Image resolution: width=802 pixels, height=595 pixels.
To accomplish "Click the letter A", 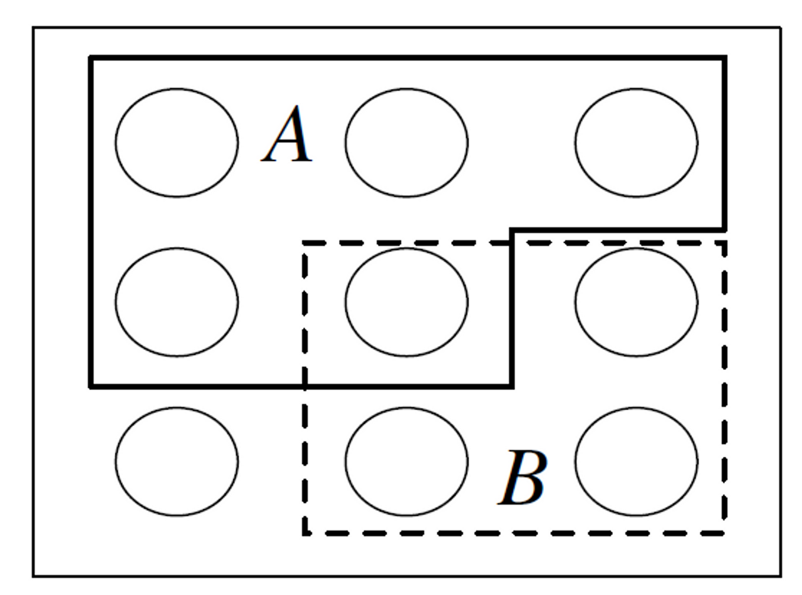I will (288, 135).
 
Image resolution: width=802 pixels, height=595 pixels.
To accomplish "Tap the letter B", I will (523, 478).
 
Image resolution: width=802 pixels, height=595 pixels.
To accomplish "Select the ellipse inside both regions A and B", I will (406, 302).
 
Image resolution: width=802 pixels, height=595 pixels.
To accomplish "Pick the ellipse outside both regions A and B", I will (176, 461).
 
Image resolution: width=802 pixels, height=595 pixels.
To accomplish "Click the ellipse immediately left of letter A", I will (176, 143).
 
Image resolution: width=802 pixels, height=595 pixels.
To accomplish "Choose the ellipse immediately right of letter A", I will (406, 143).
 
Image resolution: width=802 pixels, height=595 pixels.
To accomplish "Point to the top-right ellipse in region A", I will (636, 143).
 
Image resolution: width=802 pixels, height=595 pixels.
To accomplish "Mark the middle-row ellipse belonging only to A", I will (176, 302).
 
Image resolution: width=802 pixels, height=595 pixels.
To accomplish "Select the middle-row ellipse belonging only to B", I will (636, 302).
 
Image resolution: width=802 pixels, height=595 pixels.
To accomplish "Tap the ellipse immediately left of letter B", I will (406, 461).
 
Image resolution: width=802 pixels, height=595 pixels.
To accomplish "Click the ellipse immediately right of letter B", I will (636, 461).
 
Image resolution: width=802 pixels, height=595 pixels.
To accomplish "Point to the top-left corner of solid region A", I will (91, 58).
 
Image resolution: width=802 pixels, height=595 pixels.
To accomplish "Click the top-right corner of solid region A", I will (725, 58).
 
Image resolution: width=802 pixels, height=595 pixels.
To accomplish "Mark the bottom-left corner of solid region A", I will (91, 386).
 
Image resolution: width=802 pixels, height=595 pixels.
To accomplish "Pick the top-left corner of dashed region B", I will (305, 243).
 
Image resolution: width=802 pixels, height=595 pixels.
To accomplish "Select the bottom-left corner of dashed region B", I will (305, 534).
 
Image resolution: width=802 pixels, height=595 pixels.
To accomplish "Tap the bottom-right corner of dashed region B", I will (725, 534).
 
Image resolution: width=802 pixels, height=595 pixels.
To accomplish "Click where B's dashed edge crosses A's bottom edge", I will (305, 386).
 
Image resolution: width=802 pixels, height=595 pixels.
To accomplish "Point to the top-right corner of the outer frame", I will (781, 28).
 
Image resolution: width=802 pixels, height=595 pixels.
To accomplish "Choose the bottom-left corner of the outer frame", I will (34, 576).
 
